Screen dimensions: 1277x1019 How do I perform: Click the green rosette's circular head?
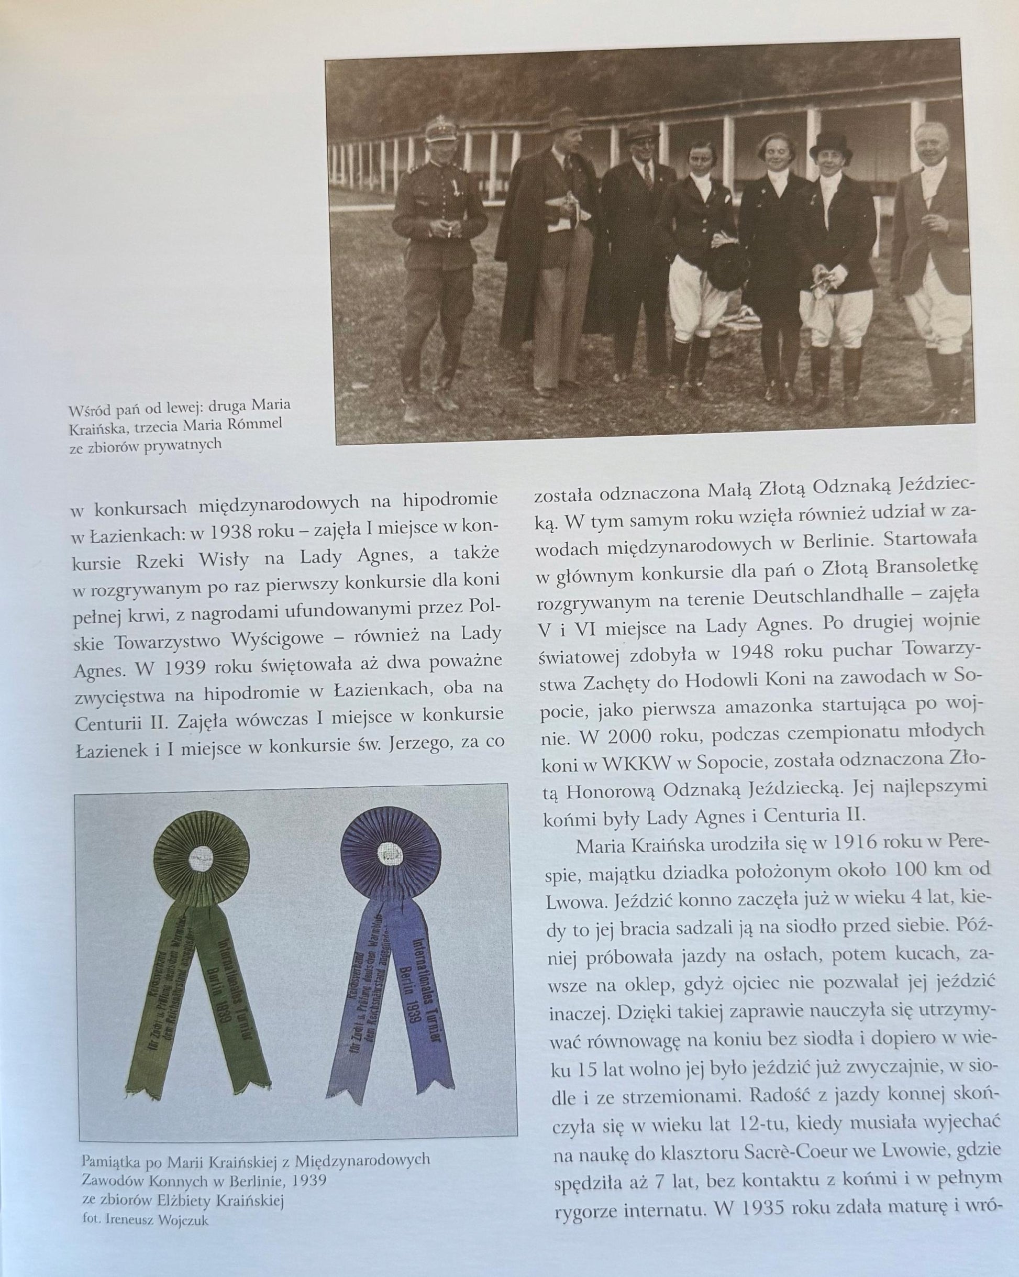point(200,857)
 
